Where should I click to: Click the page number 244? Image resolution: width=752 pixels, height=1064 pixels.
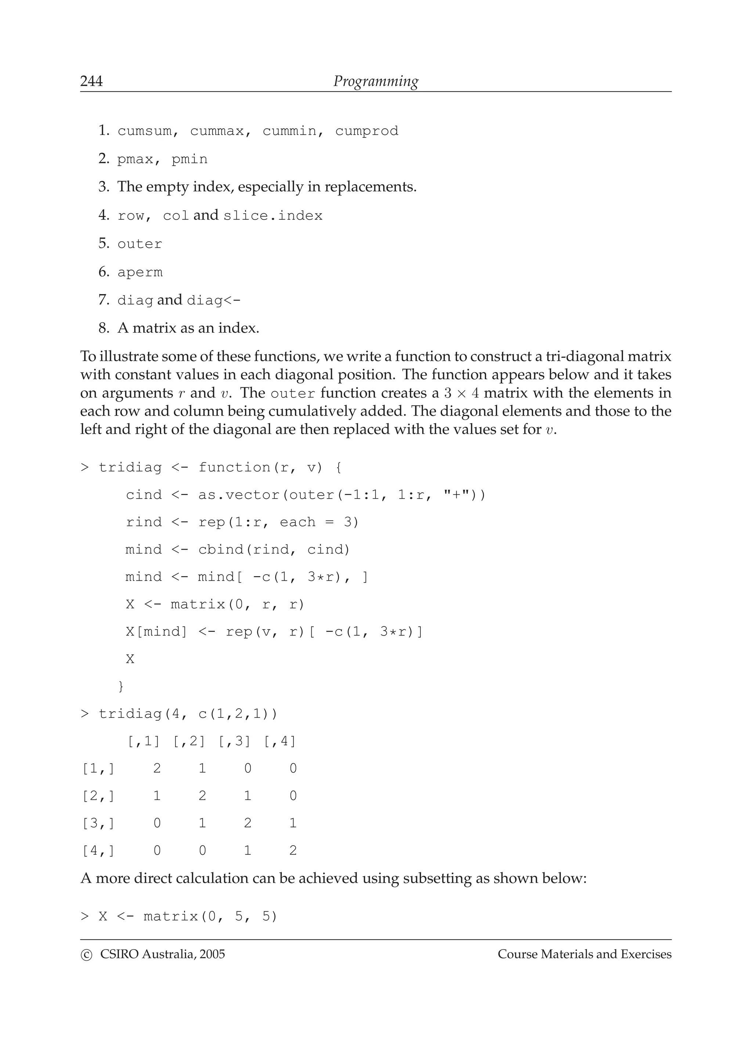tap(91, 81)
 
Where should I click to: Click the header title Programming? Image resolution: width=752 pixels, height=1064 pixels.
tap(376, 81)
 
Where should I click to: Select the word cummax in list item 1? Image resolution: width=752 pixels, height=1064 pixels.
tap(216, 131)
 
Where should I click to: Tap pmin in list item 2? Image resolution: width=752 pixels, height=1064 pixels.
tap(189, 159)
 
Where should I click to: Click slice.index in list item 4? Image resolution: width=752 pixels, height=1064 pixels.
tap(272, 216)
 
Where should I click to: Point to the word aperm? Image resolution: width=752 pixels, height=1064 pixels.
tap(140, 272)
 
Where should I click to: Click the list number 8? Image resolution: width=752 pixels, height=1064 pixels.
tap(103, 328)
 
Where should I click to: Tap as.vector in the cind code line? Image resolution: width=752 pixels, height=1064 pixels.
tap(239, 495)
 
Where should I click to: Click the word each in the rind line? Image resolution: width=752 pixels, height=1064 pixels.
tap(297, 522)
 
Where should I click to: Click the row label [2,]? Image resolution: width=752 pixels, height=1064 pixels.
tap(98, 796)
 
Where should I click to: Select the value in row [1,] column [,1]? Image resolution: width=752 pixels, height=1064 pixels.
tap(157, 769)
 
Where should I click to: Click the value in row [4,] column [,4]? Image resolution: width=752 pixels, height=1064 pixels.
tap(293, 851)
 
